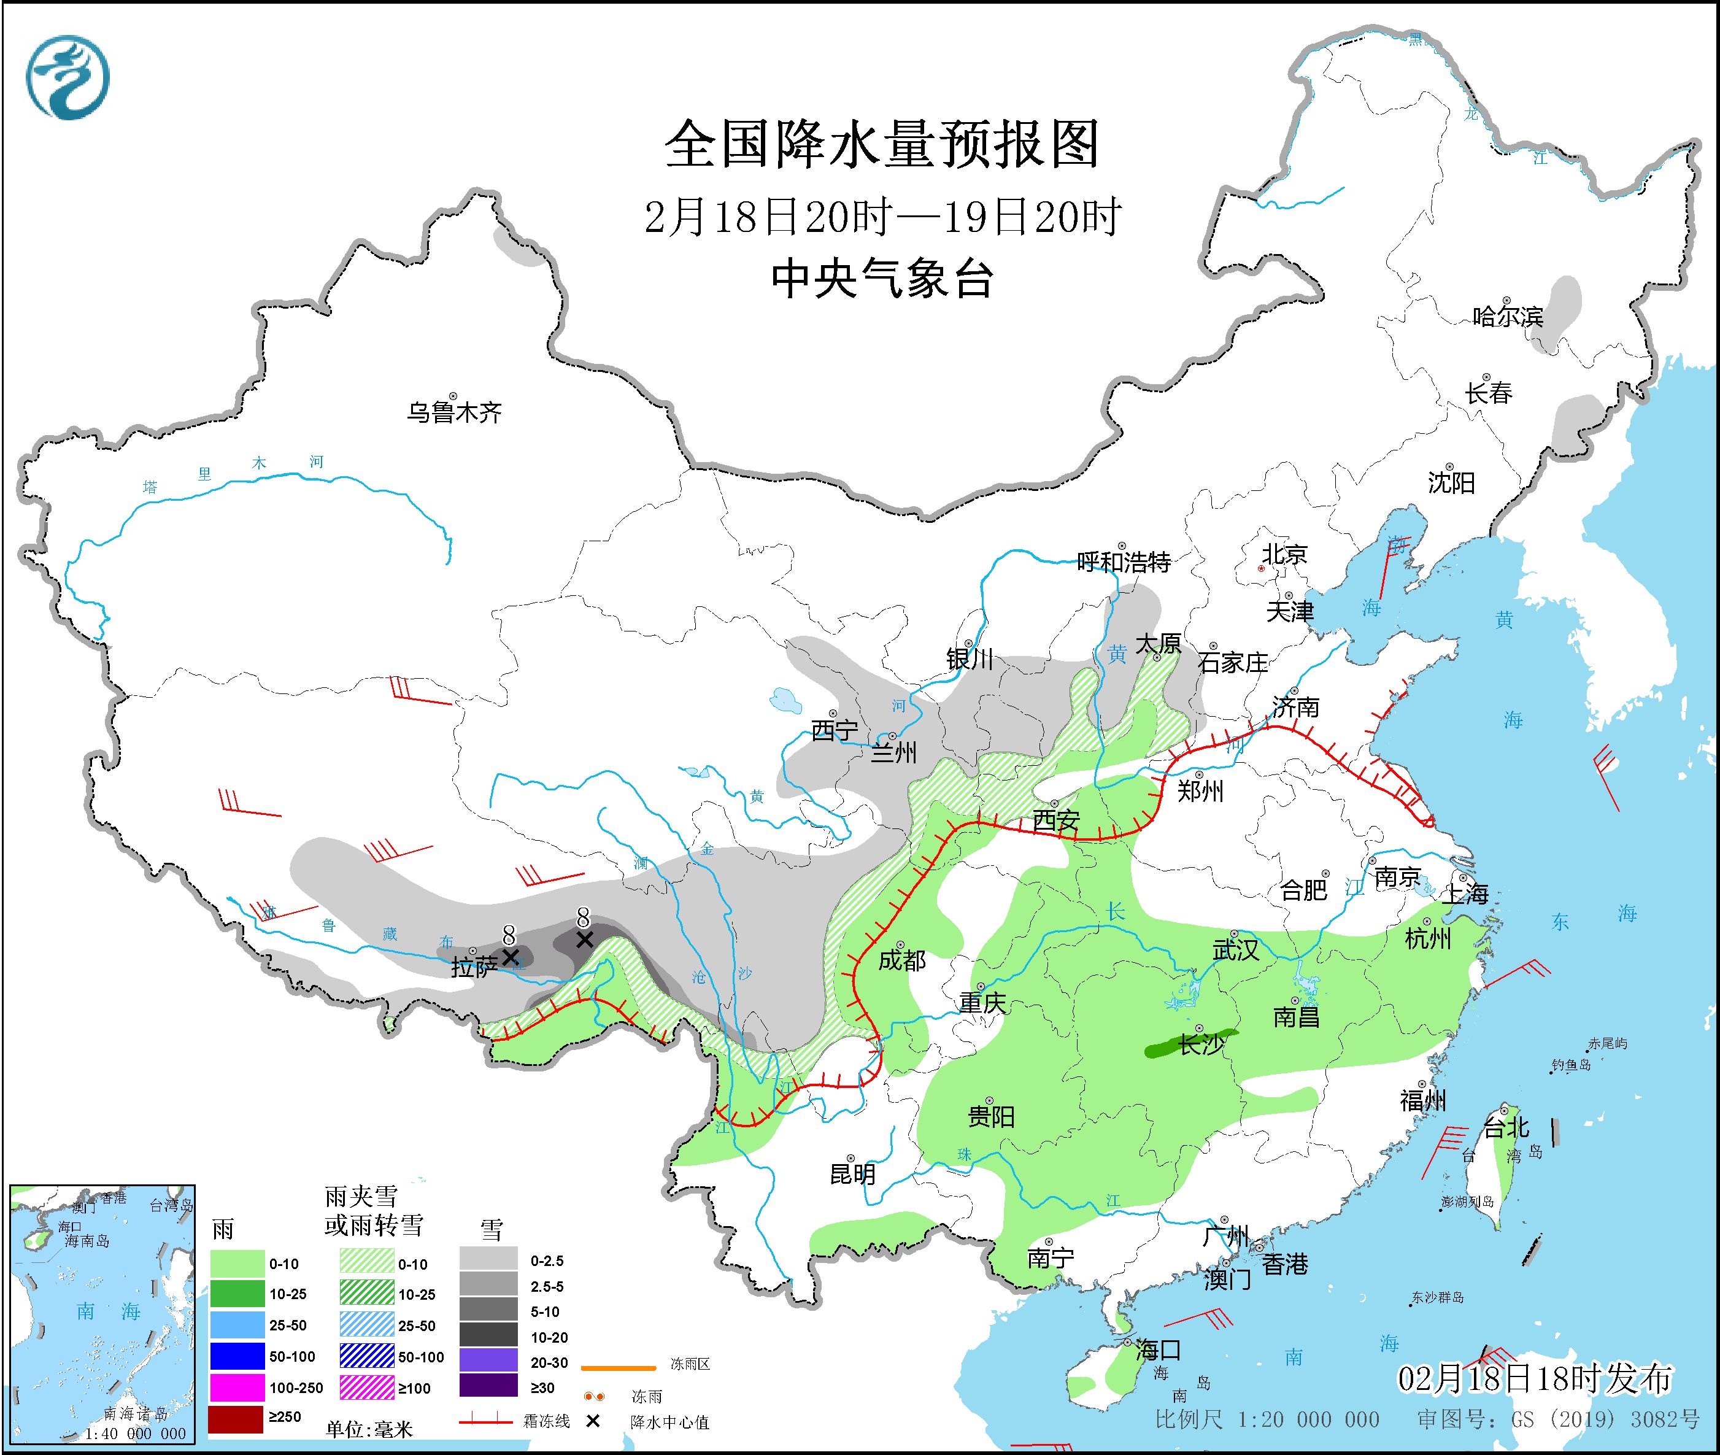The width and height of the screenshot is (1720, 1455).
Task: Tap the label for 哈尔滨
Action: point(1507,317)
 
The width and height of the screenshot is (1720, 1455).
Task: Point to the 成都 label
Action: point(901,960)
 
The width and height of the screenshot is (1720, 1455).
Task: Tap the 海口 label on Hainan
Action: point(1157,1349)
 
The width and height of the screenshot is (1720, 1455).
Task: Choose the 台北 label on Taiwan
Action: point(1506,1127)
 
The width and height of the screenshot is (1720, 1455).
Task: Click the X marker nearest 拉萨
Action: point(510,957)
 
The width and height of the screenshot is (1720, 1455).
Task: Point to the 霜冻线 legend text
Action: point(546,1422)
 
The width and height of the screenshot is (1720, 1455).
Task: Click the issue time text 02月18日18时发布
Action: point(1535,1378)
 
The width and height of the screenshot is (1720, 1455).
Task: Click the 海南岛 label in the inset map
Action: point(87,1241)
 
